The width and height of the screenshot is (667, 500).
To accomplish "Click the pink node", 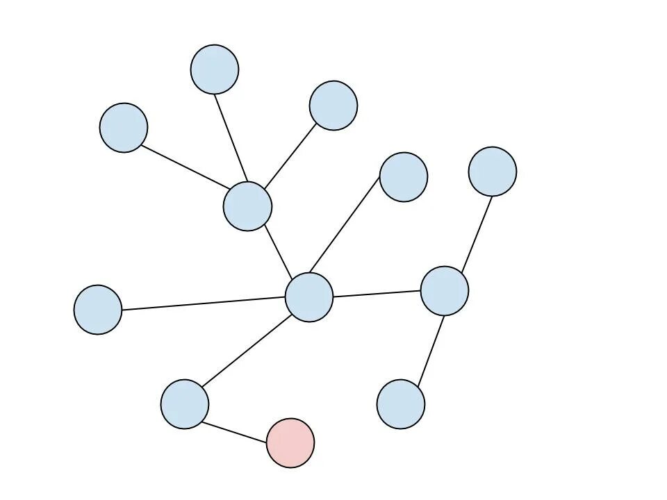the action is (x=290, y=443).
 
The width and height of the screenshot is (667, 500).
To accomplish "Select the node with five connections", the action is (x=309, y=297).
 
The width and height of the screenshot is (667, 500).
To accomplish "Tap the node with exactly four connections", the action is (x=247, y=206).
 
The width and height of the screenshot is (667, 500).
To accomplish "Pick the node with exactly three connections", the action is (x=445, y=291).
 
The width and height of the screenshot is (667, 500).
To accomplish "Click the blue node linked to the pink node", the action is (x=185, y=404).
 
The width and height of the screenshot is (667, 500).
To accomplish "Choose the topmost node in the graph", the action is (x=215, y=69).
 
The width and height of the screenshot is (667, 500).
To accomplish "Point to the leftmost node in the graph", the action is (x=98, y=310).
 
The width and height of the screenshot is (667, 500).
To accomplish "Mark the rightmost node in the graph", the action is (x=493, y=172).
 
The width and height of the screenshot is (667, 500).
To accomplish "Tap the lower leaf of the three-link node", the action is (x=401, y=404).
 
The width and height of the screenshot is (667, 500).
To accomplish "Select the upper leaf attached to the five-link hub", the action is (x=404, y=177).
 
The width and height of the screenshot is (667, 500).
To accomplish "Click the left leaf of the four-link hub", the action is (x=124, y=128).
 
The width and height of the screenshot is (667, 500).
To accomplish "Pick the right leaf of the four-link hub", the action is (x=333, y=106).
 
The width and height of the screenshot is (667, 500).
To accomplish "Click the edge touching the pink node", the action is (x=238, y=424).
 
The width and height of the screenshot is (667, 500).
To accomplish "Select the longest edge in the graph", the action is (x=204, y=303).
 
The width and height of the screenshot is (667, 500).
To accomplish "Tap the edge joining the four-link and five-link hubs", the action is (x=278, y=251).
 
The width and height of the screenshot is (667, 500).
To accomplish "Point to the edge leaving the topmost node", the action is (x=231, y=137).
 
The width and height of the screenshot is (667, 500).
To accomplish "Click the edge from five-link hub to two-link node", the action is (x=247, y=351).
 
